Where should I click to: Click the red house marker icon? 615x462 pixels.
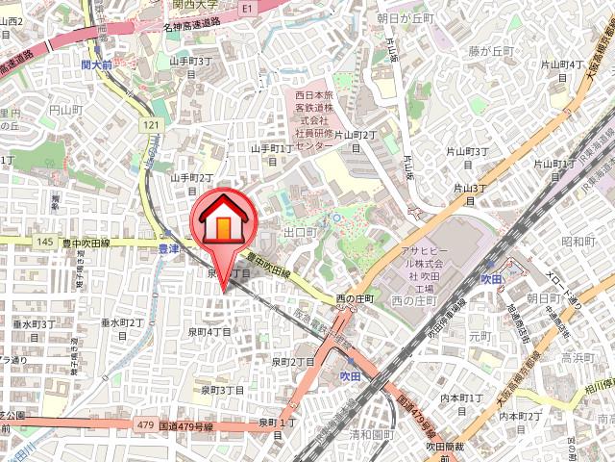[222, 221]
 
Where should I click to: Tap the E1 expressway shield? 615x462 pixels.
[247, 7]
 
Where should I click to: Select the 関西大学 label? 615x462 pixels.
[196, 4]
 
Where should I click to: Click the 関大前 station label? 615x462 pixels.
[96, 64]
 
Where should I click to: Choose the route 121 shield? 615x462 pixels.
[149, 125]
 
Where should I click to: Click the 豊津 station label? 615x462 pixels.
[168, 247]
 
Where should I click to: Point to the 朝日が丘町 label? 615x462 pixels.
[406, 18]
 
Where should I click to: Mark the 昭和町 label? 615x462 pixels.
[578, 242]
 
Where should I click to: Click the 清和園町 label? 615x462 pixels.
[371, 433]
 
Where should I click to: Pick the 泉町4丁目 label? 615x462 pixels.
[209, 331]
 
